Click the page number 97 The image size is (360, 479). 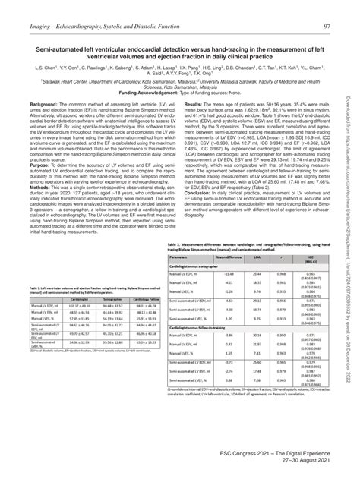(x=327, y=8)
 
